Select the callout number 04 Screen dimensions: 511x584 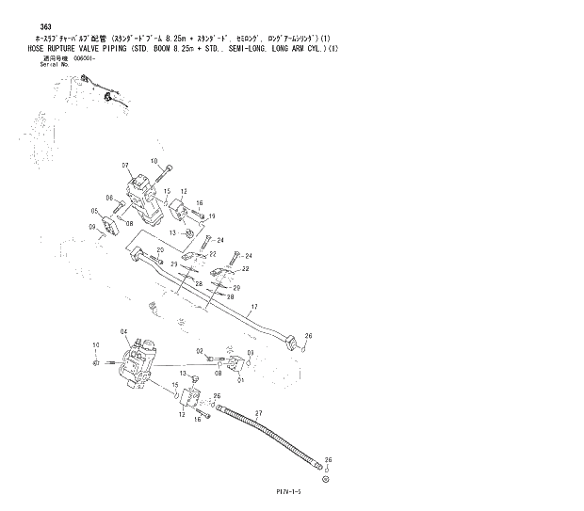pos(122,331)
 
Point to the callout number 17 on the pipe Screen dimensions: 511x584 pos(252,308)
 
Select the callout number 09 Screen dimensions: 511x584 pos(92,227)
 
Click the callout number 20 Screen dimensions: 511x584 pos(160,250)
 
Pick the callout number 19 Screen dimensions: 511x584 pos(212,216)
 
